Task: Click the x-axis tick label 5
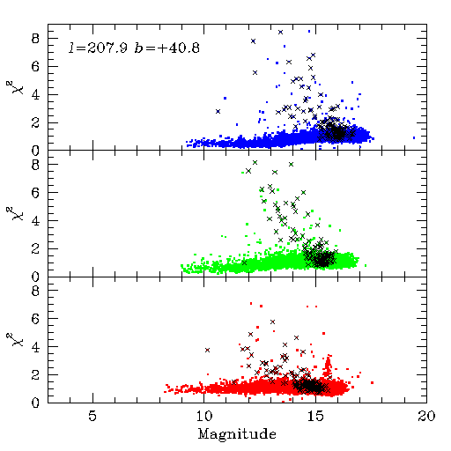point(92,416)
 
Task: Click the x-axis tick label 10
point(204,416)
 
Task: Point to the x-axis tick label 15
point(315,416)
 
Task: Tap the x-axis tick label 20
point(426,416)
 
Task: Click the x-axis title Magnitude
point(237,434)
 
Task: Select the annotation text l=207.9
point(98,48)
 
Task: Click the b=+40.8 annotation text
point(167,48)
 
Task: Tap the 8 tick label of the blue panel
point(35,39)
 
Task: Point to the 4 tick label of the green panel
point(35,221)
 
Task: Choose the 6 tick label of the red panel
point(35,319)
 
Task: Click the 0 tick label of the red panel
point(35,403)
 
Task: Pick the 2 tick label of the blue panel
point(35,123)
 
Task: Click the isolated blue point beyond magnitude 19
point(414,137)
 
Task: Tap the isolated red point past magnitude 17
point(373,382)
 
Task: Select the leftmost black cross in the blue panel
point(218,111)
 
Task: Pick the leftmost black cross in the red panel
point(207,350)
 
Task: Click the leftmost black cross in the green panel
point(244,263)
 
